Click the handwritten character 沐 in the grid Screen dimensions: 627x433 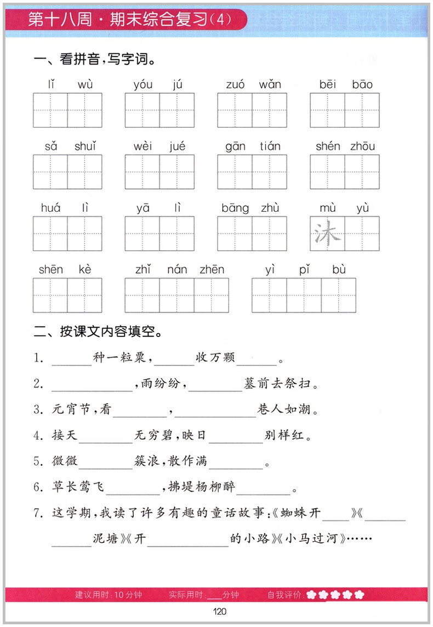pyautogui.click(x=327, y=234)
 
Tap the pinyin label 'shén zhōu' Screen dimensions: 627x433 pyautogui.click(x=345, y=146)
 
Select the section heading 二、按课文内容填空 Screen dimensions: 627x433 pyautogui.click(x=98, y=332)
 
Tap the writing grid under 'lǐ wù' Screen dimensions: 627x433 pyautogui.click(x=67, y=110)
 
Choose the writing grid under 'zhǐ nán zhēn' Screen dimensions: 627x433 pyautogui.click(x=176, y=295)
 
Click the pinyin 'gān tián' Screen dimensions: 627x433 pyautogui.click(x=252, y=146)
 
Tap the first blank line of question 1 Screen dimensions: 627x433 pyautogui.click(x=72, y=359)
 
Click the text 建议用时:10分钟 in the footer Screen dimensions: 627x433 pyautogui.click(x=109, y=595)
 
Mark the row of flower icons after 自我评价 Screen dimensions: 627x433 pyautogui.click(x=335, y=595)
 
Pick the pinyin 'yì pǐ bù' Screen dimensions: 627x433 pyautogui.click(x=305, y=269)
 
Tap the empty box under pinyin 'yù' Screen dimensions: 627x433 pyautogui.click(x=362, y=234)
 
